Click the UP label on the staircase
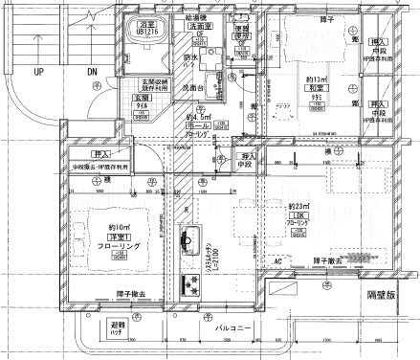click(39, 72)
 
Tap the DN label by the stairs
click(93, 72)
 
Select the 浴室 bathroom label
click(147, 22)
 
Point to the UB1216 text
click(147, 31)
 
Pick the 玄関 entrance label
click(142, 98)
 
